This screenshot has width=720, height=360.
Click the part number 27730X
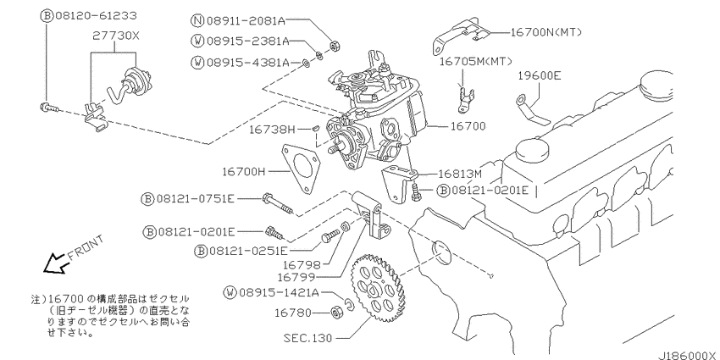coord(115,36)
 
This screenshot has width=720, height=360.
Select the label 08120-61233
coord(97,16)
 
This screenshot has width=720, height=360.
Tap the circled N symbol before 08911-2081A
coord(197,20)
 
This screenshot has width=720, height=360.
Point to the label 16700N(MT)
coord(546,32)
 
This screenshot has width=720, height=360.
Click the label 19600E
coord(540,75)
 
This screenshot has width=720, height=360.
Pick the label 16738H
coord(272,130)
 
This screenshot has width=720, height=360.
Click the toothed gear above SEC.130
coord(378,288)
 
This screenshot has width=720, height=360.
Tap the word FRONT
coord(86,248)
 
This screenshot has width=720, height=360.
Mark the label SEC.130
coord(307,339)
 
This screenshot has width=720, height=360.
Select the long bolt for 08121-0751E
coord(279,204)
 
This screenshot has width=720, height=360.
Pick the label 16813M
coord(460,174)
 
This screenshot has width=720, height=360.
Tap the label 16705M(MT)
coord(476,61)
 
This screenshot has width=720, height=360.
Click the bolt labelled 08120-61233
coord(49,108)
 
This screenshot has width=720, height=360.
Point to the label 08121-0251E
coord(248,251)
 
